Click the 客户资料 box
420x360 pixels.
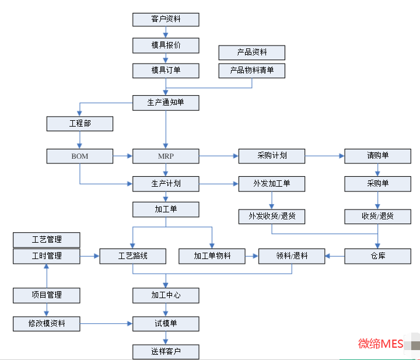point(166,19)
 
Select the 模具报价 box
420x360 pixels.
point(166,45)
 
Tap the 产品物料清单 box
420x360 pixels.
point(252,71)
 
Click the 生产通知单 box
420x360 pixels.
point(166,103)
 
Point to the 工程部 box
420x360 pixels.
point(80,124)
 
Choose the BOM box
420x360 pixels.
point(80,156)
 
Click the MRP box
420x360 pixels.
point(166,156)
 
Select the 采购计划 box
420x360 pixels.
point(272,156)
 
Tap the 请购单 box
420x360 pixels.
point(378,156)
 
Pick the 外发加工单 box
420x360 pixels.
point(272,184)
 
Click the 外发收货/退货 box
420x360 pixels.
point(272,216)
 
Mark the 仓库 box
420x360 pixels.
point(378,256)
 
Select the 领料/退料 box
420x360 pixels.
point(292,256)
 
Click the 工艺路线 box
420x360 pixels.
point(133,256)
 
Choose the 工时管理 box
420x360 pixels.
point(47,256)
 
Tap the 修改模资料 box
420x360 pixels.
point(47,323)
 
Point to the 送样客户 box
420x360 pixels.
point(166,352)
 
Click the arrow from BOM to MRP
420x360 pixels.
point(123,156)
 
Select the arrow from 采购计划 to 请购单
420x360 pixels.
point(324,156)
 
